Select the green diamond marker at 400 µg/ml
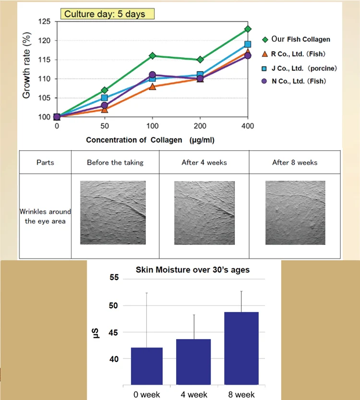(248, 29)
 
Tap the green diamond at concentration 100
(152, 56)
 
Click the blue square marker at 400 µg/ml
(248, 45)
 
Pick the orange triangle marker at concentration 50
(105, 109)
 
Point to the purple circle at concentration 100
(152, 75)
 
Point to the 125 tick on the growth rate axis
(44, 22)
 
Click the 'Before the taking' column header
(115, 162)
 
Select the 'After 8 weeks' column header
(295, 162)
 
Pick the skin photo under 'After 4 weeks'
(204, 212)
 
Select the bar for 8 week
(241, 348)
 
